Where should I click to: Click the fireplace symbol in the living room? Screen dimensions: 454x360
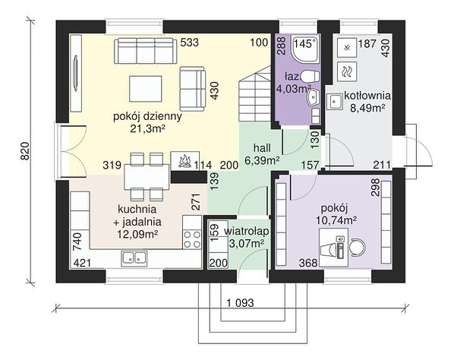pos(185,160)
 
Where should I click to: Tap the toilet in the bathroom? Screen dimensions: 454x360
pos(310,76)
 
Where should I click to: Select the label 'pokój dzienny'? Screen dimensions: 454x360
pos(147,117)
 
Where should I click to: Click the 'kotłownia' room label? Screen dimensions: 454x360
pos(367,95)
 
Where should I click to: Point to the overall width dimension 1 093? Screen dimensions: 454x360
pos(240,303)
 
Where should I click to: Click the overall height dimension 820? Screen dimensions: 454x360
pos(25,151)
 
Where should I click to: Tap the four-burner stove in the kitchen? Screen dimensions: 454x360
pos(192,239)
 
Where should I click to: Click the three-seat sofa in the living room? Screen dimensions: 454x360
pos(146,51)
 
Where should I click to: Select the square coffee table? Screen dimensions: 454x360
pos(145,89)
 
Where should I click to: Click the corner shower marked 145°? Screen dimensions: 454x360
pos(306,49)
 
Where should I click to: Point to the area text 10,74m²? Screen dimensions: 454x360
pos(336,220)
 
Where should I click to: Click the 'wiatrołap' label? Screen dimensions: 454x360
pos(247,232)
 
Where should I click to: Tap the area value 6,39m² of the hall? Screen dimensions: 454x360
pos(262,159)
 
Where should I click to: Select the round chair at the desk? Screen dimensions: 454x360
pos(358,247)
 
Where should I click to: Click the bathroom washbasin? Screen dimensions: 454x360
pos(314,97)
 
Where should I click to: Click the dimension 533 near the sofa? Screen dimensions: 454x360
pos(190,43)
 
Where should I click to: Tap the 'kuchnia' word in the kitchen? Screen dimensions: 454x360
pos(137,209)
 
